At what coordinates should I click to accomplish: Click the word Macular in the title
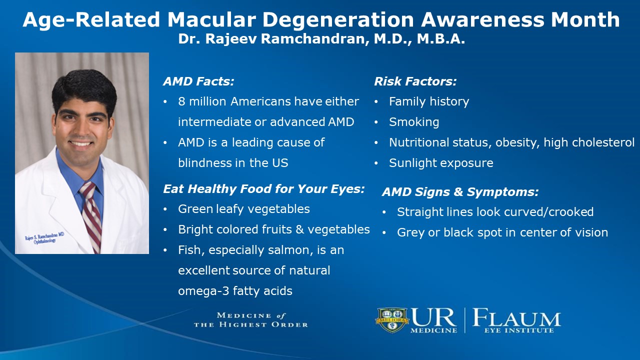click(211, 19)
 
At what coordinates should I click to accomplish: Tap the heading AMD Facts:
click(199, 81)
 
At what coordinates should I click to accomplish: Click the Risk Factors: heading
click(415, 81)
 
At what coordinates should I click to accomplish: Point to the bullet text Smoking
click(414, 122)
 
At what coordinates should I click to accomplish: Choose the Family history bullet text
click(429, 101)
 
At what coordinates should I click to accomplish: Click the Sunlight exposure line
click(441, 163)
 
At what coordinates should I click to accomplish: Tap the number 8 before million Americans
click(181, 101)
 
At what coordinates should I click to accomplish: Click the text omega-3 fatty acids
click(235, 291)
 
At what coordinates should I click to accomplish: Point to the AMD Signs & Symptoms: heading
click(460, 192)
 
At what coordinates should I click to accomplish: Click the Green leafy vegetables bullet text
click(244, 209)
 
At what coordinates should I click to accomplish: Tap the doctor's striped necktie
click(91, 216)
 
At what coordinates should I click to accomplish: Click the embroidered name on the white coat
click(44, 237)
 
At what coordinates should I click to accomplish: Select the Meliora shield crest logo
click(392, 320)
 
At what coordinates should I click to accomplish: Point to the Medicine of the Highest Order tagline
click(251, 320)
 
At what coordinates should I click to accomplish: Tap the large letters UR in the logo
click(433, 317)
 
